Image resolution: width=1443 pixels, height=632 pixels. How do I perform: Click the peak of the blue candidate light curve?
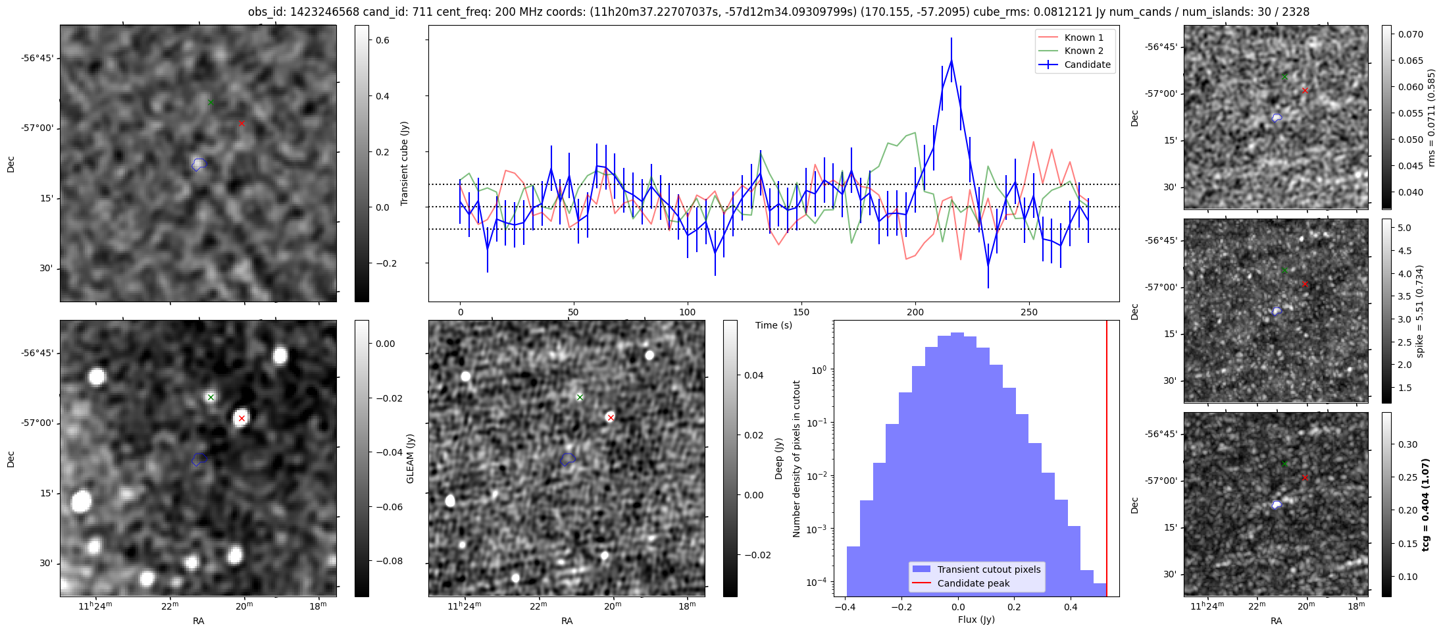[951, 61]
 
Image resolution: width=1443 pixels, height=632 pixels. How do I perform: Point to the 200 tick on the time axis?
[915, 312]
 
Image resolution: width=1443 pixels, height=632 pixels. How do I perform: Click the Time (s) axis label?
[773, 325]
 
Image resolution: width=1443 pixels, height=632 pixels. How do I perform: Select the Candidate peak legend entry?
[973, 583]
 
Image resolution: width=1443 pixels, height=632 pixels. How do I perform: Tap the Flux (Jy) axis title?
[976, 619]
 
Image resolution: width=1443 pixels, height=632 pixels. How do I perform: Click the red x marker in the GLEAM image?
[241, 418]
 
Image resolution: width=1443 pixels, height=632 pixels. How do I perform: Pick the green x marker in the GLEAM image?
[211, 397]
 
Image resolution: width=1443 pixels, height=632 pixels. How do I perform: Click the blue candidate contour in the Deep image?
[568, 460]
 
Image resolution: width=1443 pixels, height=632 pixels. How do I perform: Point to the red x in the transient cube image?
[241, 123]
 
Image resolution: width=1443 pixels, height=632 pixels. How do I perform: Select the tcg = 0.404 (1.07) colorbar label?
[1425, 504]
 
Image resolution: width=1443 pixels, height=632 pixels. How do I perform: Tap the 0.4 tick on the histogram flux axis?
[1071, 607]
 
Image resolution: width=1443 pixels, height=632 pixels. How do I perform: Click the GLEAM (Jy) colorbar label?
[410, 458]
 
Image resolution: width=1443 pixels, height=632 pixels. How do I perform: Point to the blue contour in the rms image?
[1277, 118]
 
